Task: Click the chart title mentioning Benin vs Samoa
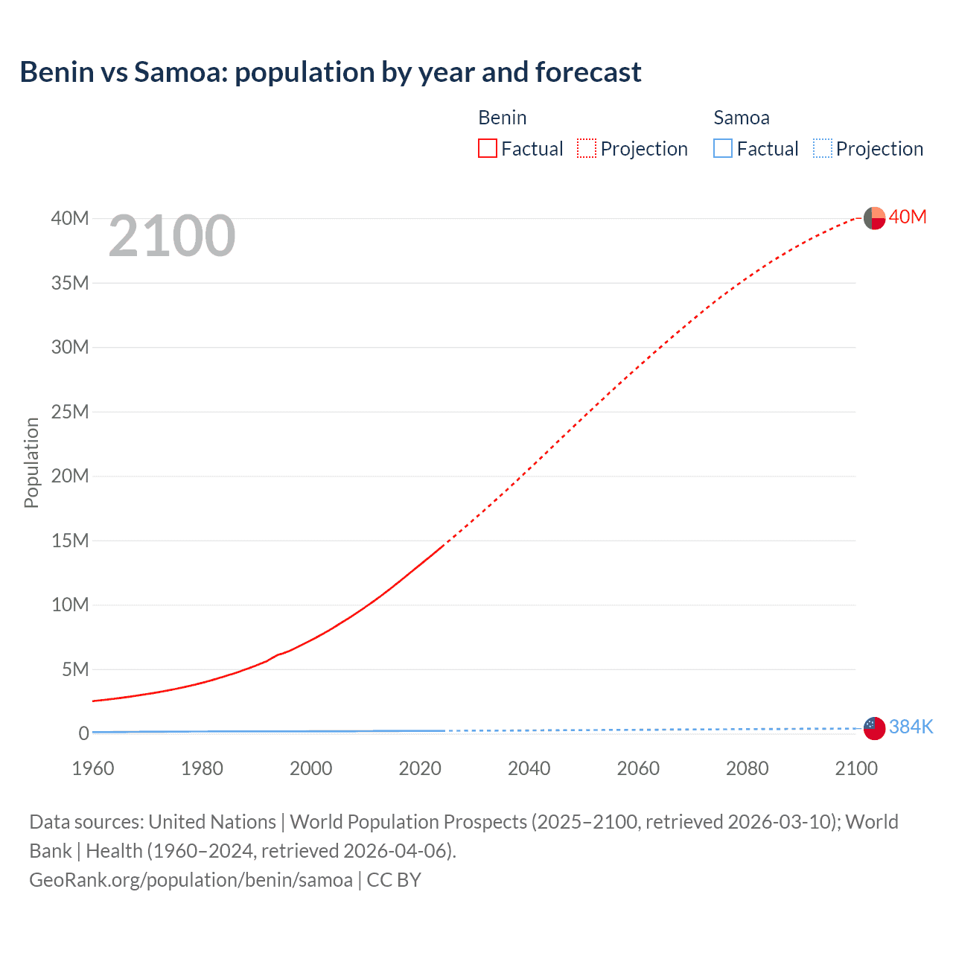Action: point(330,72)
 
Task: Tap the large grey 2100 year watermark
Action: point(172,236)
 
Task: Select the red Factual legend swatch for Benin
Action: point(487,149)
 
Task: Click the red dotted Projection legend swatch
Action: point(587,149)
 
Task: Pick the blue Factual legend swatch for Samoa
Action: point(722,149)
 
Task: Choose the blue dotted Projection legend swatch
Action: point(822,149)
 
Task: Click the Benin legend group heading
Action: point(502,118)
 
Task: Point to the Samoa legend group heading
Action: point(741,118)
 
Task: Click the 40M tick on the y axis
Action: point(70,218)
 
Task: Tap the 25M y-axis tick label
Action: point(70,412)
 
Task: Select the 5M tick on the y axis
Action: point(74,669)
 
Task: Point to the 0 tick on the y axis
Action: point(83,733)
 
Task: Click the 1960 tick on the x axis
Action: point(93,768)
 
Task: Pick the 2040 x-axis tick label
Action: point(529,768)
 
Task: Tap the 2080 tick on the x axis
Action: point(747,768)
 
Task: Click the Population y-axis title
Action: point(31,462)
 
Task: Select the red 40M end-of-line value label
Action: point(908,217)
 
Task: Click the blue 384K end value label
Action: point(911,727)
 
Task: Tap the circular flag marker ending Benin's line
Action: point(874,219)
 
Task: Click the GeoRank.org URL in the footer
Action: point(191,880)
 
